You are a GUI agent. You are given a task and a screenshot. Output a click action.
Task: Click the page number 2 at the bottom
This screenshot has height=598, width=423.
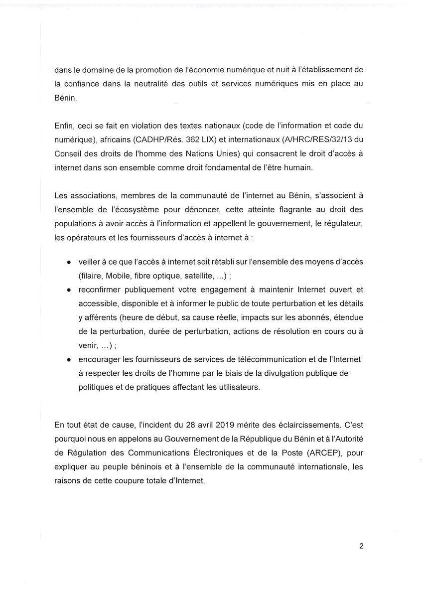[x=361, y=546]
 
